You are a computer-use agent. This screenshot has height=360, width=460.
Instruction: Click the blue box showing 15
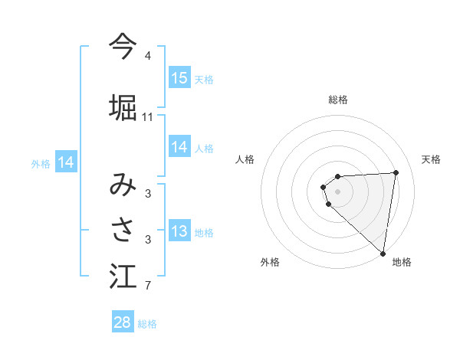point(179,77)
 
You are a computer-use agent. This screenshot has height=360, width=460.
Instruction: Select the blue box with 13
point(179,232)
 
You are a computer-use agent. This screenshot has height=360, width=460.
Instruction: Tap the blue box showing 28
point(123,322)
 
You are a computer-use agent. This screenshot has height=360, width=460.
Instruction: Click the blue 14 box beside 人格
point(179,147)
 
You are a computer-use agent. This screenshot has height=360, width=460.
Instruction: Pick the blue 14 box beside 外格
point(66,162)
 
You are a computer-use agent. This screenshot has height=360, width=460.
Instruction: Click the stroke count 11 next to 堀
point(148,117)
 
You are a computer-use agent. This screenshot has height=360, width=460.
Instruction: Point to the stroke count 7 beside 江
point(148,286)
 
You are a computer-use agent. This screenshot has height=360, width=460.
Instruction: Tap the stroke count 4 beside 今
point(148,57)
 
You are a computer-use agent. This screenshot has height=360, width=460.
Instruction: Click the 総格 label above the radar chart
point(338,100)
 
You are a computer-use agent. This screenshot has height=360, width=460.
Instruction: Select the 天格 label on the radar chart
point(431,159)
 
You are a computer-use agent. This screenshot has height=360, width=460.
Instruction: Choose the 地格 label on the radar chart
point(402,263)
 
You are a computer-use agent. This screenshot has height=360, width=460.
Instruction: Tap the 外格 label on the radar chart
point(270,263)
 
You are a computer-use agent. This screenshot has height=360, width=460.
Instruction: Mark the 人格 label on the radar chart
point(245,159)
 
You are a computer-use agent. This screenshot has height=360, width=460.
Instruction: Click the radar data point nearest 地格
point(383,253)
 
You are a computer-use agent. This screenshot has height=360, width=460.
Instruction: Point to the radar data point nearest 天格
point(396,172)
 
